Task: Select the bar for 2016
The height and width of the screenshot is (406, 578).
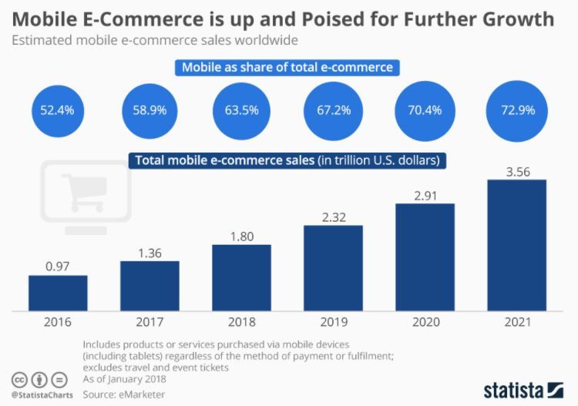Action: click(x=58, y=293)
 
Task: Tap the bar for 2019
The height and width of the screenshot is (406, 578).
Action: click(x=333, y=269)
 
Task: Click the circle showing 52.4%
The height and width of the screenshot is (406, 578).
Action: click(x=58, y=110)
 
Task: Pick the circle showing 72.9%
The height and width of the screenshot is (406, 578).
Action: click(x=516, y=110)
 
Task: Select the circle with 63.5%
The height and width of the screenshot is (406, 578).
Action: click(x=241, y=110)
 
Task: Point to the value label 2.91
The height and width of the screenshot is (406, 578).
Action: click(x=425, y=193)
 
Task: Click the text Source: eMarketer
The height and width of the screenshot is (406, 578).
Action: click(x=124, y=394)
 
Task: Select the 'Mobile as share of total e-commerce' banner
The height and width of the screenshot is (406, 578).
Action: click(x=287, y=67)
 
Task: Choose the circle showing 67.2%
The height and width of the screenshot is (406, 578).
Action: click(x=333, y=110)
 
